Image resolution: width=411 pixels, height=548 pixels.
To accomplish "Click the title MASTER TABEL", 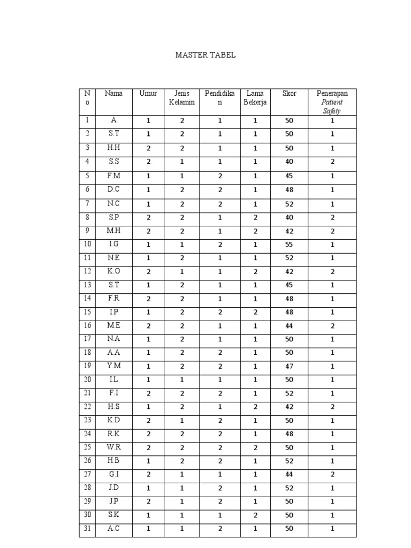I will tap(205, 55).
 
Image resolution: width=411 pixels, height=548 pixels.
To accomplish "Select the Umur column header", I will tap(148, 94).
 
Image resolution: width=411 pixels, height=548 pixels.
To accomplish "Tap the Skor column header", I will tap(289, 94).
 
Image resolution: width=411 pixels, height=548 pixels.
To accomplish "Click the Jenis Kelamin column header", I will tap(182, 98).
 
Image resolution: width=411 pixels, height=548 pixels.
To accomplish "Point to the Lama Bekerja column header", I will tap(255, 98).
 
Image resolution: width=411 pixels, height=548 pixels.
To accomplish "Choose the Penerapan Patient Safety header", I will tap(332, 102).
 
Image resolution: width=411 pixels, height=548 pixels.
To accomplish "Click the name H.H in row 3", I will tap(113, 148).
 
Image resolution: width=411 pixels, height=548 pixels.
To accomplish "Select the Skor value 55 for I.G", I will tap(289, 244).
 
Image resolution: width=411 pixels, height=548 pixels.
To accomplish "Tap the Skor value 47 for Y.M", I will tap(289, 367).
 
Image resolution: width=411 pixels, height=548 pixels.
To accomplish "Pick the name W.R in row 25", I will tap(113, 447).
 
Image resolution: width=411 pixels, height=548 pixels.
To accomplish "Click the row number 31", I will tap(87, 529).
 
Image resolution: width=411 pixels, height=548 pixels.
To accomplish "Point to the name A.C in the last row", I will tap(113, 529).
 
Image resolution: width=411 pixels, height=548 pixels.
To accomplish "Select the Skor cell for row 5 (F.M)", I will tap(289, 176).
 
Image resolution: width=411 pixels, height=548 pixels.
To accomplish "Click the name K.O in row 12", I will tap(113, 271).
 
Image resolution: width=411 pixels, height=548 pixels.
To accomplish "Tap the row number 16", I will tap(87, 325).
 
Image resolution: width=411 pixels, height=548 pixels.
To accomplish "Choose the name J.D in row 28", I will tap(113, 488).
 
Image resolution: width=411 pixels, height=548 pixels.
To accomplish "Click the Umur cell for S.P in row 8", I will tap(148, 217).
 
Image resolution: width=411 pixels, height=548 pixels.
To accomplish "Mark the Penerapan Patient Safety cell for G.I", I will tap(332, 475).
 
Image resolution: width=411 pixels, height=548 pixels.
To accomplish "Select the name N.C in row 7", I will tap(113, 203).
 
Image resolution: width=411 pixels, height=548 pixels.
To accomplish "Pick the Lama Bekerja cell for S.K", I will tap(255, 515).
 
